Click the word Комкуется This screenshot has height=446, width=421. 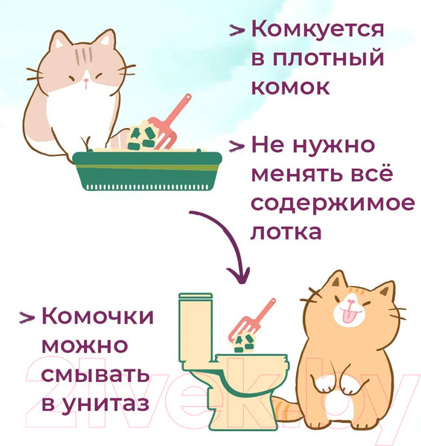[x=318, y=30]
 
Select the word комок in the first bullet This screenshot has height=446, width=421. [x=289, y=86]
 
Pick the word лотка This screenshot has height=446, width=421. [x=286, y=231]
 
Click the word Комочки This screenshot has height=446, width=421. [x=97, y=317]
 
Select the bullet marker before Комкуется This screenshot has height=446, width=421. [x=237, y=31]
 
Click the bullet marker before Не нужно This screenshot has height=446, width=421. [x=237, y=146]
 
